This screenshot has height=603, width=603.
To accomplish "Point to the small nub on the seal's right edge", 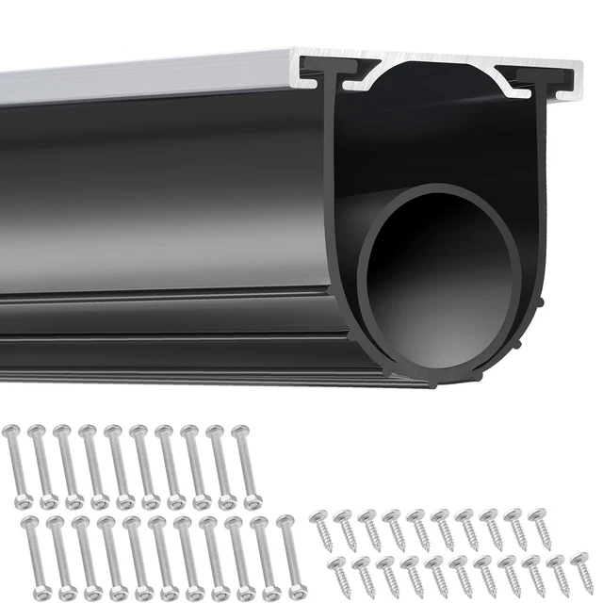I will (546, 302).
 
